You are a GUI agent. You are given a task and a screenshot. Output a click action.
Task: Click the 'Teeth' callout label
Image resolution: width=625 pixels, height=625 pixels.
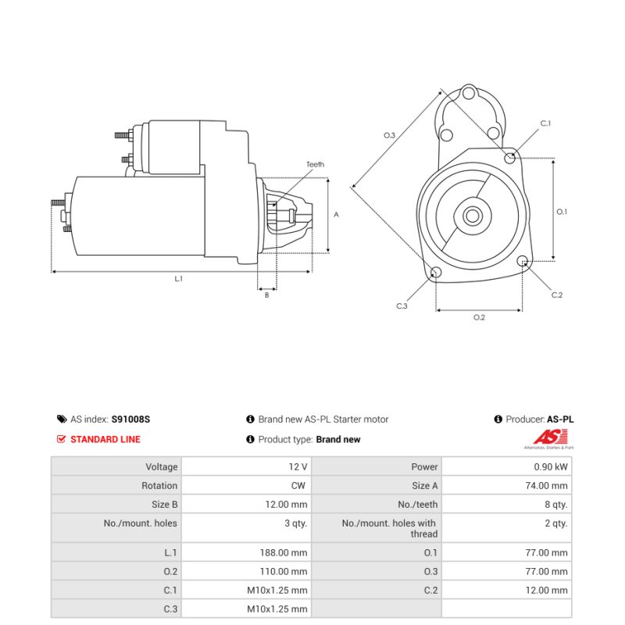[x=315, y=165]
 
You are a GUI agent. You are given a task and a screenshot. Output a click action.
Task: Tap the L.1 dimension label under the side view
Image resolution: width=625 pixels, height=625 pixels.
[x=178, y=279]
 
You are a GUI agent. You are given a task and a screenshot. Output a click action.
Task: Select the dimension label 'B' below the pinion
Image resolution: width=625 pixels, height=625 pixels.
[x=266, y=295]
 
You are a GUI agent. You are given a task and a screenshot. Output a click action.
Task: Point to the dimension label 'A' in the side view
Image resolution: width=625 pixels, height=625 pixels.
[x=336, y=214]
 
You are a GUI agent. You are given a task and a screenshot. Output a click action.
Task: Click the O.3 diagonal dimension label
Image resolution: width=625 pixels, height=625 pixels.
[x=389, y=135]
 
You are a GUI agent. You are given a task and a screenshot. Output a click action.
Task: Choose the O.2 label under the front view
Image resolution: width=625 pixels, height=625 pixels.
[x=479, y=317]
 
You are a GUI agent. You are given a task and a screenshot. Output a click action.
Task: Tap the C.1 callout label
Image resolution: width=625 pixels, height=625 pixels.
[x=545, y=123]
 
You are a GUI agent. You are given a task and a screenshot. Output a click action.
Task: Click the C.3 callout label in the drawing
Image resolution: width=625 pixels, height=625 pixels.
[x=402, y=306]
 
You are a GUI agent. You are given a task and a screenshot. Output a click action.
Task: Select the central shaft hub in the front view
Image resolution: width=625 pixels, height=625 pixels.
[x=472, y=216]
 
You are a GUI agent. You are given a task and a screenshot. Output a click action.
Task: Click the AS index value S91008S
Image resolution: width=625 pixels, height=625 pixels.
[x=130, y=420]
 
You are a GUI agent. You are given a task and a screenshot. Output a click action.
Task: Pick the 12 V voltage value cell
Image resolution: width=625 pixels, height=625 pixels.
[x=298, y=467]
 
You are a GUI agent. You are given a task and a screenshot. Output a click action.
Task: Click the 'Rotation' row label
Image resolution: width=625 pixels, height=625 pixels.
[x=159, y=486]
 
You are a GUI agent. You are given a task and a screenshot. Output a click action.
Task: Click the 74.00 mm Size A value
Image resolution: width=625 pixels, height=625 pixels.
[x=547, y=486]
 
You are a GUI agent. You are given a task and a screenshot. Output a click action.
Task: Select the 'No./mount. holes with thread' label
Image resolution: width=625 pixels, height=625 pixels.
[x=389, y=529]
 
